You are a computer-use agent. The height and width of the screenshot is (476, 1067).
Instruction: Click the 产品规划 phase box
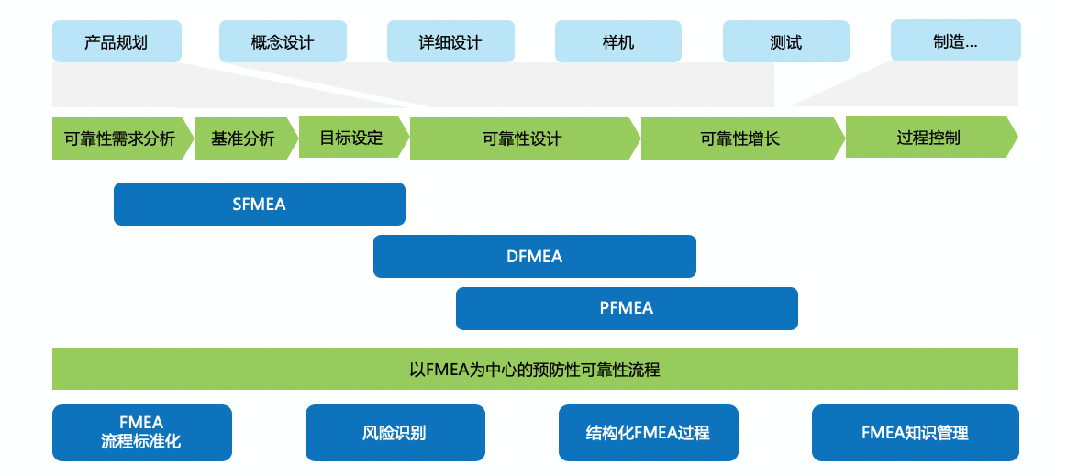117,42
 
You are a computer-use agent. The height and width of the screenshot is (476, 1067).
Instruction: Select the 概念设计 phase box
283,42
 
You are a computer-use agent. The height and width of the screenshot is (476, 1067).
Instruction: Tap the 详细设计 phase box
450,42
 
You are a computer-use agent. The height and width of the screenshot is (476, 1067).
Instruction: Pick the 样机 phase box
618,42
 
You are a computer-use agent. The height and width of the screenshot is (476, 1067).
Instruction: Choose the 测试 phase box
786,42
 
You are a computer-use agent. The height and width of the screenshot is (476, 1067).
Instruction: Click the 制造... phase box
955,41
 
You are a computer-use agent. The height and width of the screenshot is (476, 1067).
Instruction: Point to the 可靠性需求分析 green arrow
120,139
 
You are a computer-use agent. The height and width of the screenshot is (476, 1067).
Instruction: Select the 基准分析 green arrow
243,139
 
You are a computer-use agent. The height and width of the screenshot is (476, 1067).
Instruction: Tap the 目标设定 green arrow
351,138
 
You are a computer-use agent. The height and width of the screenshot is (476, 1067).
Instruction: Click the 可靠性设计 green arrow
522,139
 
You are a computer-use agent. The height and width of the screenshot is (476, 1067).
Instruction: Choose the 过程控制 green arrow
928,138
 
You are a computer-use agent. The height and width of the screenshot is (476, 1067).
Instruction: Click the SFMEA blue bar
260,204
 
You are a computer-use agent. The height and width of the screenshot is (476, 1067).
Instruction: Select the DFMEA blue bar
535,257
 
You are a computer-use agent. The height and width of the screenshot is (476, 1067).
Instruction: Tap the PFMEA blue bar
627,308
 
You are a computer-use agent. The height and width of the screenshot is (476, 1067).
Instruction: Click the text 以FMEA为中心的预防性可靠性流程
535,370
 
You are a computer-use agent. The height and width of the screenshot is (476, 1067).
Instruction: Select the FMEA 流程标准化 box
141,432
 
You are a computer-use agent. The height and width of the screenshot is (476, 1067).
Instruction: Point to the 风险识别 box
395,433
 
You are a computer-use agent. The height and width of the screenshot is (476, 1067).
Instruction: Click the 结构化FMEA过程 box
648,433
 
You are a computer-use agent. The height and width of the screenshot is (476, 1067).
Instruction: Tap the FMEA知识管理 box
915,433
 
